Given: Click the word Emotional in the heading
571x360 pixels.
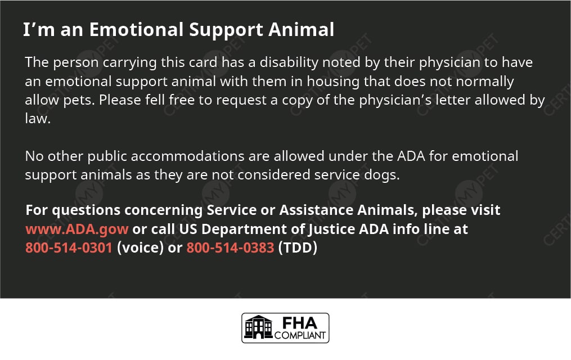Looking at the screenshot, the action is pyautogui.click(x=137, y=29).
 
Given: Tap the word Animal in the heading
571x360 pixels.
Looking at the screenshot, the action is pyautogui.click(x=301, y=29).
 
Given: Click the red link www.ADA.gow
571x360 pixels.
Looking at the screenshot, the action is pyautogui.click(x=77, y=229).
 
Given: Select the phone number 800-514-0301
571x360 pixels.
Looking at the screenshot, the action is pyautogui.click(x=69, y=247).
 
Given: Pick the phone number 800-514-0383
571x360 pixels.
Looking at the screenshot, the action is pyautogui.click(x=230, y=247).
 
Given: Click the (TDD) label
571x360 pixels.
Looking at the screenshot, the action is pyautogui.click(x=298, y=247).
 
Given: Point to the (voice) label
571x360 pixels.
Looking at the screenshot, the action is pyautogui.click(x=140, y=247).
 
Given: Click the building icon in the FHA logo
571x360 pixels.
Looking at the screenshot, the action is pyautogui.click(x=259, y=327).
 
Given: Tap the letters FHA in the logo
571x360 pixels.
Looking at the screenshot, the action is pyautogui.click(x=300, y=323).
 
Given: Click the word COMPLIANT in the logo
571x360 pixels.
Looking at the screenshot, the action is pyautogui.click(x=300, y=335).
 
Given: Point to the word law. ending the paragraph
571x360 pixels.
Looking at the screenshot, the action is pyautogui.click(x=38, y=118).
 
